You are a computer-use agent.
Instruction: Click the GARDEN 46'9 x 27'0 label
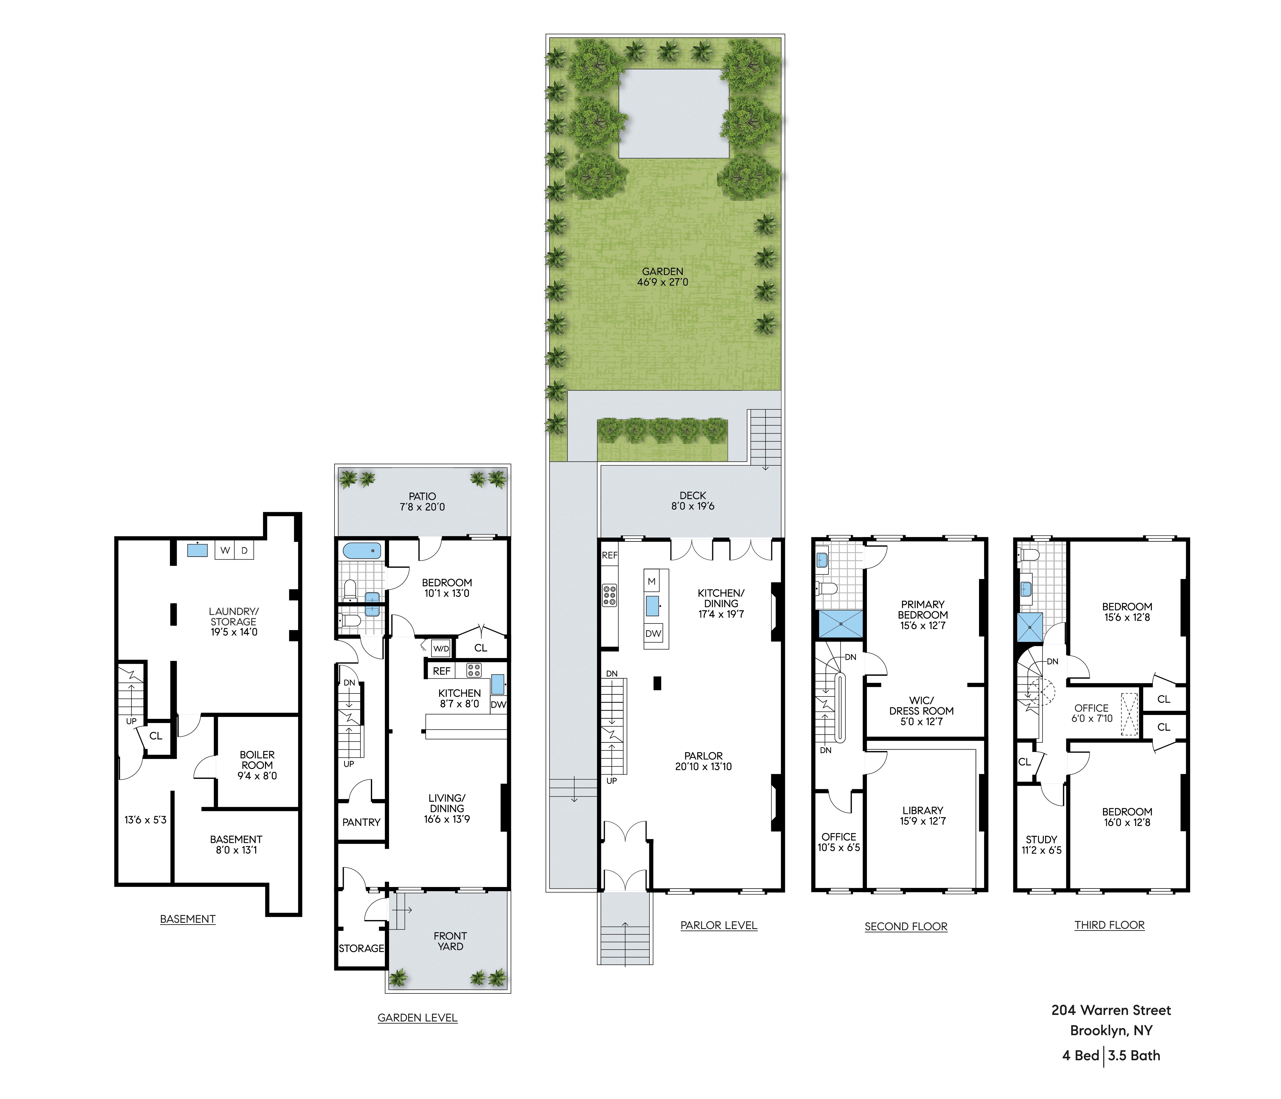tap(662, 276)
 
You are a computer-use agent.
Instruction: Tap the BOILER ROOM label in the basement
tap(257, 765)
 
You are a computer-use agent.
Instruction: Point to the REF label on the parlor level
tap(610, 555)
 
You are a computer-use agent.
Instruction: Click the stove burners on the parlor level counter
tap(610, 595)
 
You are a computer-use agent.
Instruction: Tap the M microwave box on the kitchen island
tap(652, 581)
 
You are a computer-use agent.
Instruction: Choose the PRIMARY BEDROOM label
tap(922, 615)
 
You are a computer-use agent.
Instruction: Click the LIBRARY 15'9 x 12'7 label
tap(922, 816)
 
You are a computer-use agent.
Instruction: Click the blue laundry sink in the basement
tap(197, 550)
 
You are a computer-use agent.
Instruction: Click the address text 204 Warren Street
tap(1111, 1010)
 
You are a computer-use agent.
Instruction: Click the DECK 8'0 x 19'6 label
tap(693, 500)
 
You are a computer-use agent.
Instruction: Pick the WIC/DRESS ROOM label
tap(921, 711)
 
